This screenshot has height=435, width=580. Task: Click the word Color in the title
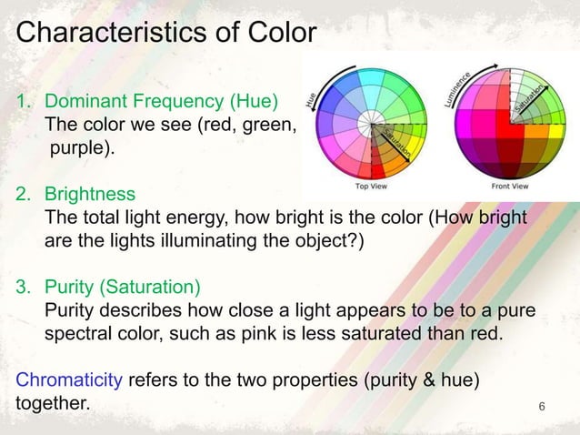click(281, 34)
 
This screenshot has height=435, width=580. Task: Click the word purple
click(82, 147)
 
